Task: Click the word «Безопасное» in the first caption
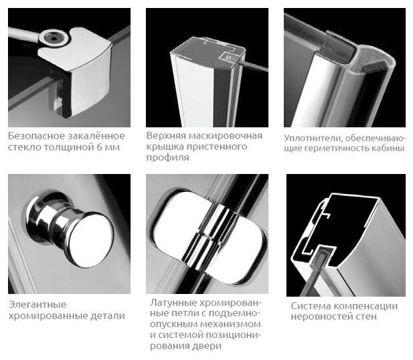click(x=36, y=136)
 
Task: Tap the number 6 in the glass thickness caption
click(x=99, y=147)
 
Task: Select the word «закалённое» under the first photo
click(x=97, y=136)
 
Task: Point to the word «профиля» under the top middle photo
click(x=167, y=158)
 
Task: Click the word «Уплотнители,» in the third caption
click(x=313, y=138)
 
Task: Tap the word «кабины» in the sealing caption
click(x=388, y=148)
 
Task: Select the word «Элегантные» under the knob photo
click(x=37, y=305)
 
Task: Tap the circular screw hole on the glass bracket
click(x=54, y=39)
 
